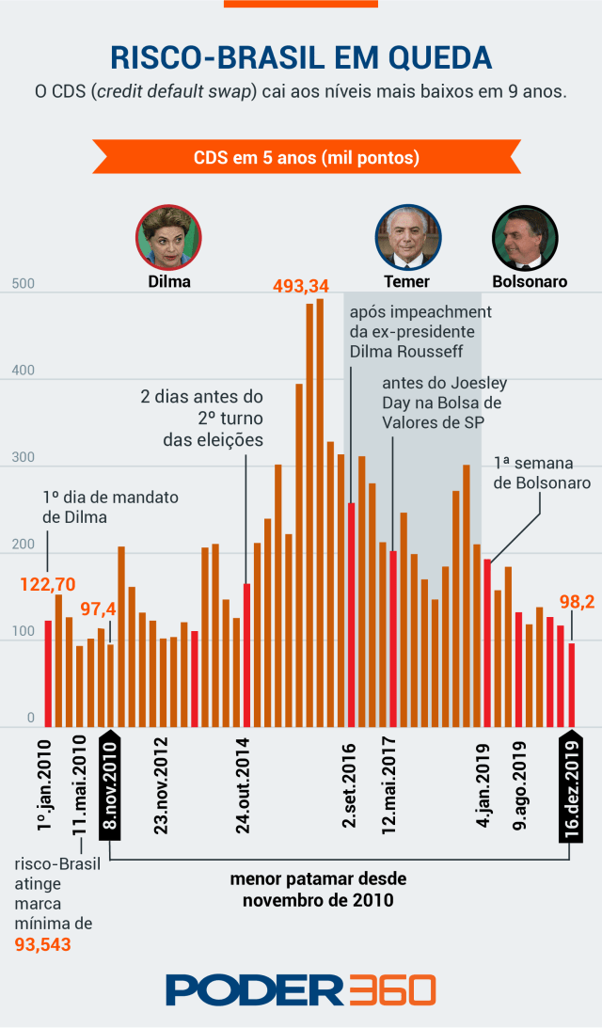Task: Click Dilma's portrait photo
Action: tap(169, 236)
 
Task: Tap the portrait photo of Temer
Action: tap(407, 236)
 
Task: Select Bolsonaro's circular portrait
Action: tap(525, 236)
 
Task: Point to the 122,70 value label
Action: tap(47, 584)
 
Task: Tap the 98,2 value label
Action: tap(577, 602)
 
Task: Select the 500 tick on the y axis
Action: tap(23, 285)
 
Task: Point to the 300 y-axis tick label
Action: tap(23, 458)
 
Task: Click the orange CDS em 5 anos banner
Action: tap(306, 157)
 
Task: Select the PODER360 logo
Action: tap(301, 989)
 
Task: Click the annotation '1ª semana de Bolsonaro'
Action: tap(541, 473)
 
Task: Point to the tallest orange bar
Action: tap(320, 513)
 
